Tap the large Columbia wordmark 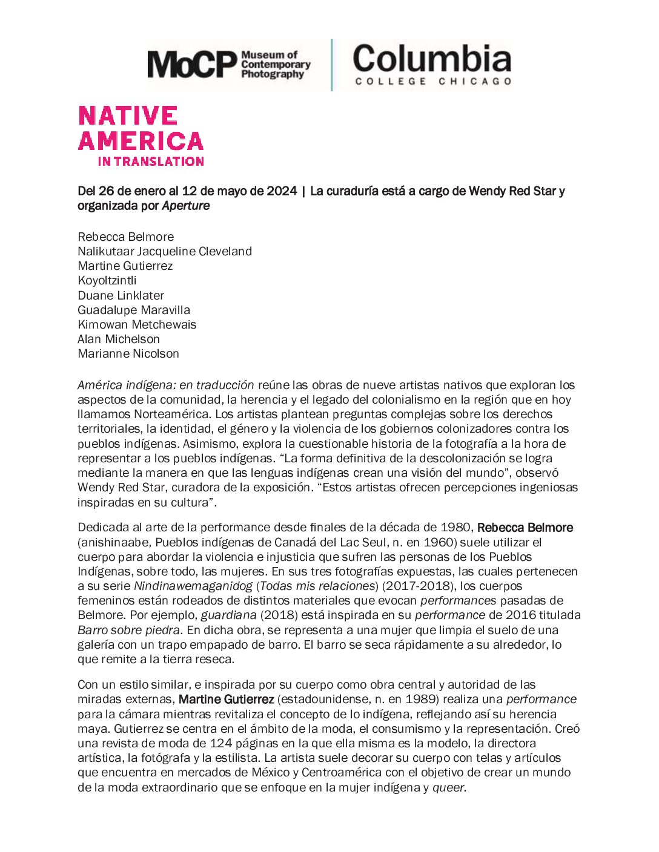point(432,59)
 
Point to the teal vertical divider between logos point(331,65)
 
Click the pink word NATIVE point(128,116)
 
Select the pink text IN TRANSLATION point(151,162)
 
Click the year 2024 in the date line point(282,191)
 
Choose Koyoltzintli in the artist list point(107,281)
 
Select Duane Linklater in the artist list point(121,295)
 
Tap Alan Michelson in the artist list point(119,339)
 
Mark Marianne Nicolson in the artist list point(128,353)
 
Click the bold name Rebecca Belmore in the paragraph point(525,528)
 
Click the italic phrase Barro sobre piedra point(128,630)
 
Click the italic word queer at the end point(449,787)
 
